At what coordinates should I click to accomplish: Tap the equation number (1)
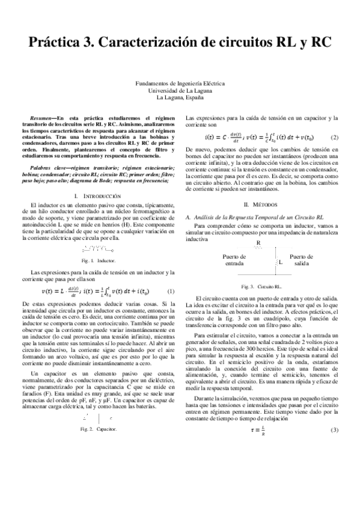tap(171, 292)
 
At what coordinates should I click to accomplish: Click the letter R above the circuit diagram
tap(258, 243)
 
